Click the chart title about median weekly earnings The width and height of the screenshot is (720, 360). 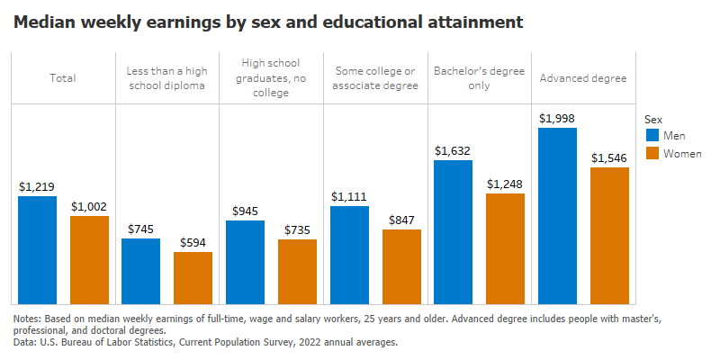tap(267, 22)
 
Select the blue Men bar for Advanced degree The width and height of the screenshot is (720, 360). tap(557, 216)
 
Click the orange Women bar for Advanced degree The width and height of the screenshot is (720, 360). tap(609, 236)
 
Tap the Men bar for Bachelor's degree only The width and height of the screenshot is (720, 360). tap(453, 232)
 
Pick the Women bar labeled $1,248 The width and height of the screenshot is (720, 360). tap(505, 249)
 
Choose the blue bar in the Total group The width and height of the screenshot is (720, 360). tap(37, 250)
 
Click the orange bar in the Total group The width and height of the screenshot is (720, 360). tap(89, 260)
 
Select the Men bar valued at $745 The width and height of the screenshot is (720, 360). tap(140, 271)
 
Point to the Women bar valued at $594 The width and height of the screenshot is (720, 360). tap(193, 278)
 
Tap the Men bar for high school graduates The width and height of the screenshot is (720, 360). tap(245, 262)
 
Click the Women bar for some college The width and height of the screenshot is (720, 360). tap(401, 266)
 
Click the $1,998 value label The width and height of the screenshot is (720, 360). tap(557, 119)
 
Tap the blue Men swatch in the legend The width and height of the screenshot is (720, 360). tap(652, 136)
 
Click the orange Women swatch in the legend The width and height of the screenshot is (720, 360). tap(652, 154)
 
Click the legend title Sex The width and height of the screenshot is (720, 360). tap(654, 118)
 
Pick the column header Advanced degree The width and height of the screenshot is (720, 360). tap(582, 78)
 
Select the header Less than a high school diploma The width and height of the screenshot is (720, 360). tap(166, 78)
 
